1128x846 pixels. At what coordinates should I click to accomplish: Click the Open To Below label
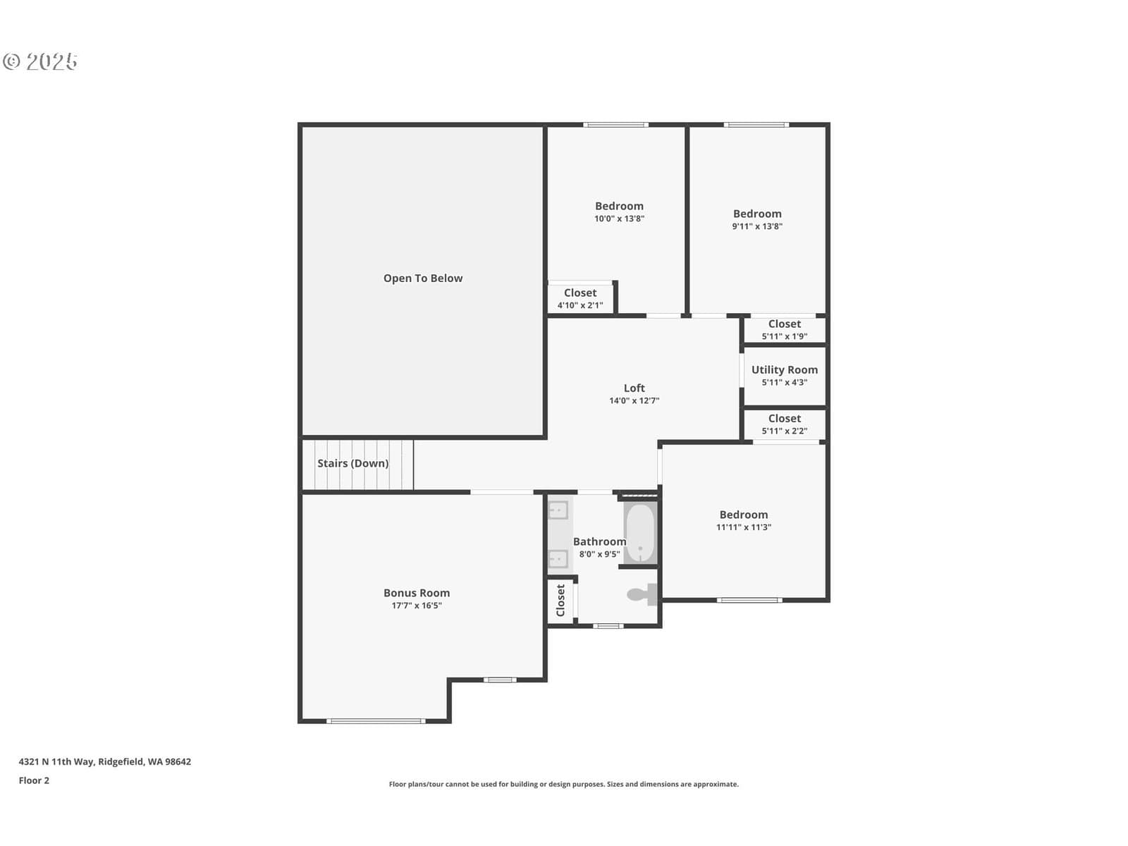(422, 278)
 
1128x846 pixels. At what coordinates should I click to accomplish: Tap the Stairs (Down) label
(352, 463)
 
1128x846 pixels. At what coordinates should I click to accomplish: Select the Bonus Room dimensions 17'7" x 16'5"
(416, 605)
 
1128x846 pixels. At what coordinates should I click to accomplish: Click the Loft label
(634, 388)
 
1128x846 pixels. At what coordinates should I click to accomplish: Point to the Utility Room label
(784, 370)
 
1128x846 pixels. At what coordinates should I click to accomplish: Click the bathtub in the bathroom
(640, 533)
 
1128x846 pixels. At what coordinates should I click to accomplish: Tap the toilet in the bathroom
(642, 594)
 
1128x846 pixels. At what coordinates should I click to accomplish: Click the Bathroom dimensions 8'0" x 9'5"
(599, 554)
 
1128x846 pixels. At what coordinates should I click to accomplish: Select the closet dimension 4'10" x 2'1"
(580, 305)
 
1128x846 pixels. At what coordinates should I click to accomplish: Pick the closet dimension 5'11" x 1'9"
(784, 336)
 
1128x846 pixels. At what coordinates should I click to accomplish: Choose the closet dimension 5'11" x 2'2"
(784, 431)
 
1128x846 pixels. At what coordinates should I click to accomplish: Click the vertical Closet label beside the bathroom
(560, 600)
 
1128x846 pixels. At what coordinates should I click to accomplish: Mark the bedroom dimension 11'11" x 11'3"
(744, 527)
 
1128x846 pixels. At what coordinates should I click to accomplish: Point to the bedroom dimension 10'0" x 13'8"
(619, 219)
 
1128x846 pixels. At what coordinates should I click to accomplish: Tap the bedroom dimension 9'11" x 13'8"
(757, 226)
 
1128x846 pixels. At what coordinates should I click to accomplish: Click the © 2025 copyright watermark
(40, 61)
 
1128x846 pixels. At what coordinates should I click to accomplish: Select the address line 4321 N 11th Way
(56, 762)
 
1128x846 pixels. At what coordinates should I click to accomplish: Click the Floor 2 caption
(34, 780)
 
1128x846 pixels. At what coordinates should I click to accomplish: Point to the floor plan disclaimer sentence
(564, 784)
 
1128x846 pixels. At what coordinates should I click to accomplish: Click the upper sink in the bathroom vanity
(558, 510)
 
